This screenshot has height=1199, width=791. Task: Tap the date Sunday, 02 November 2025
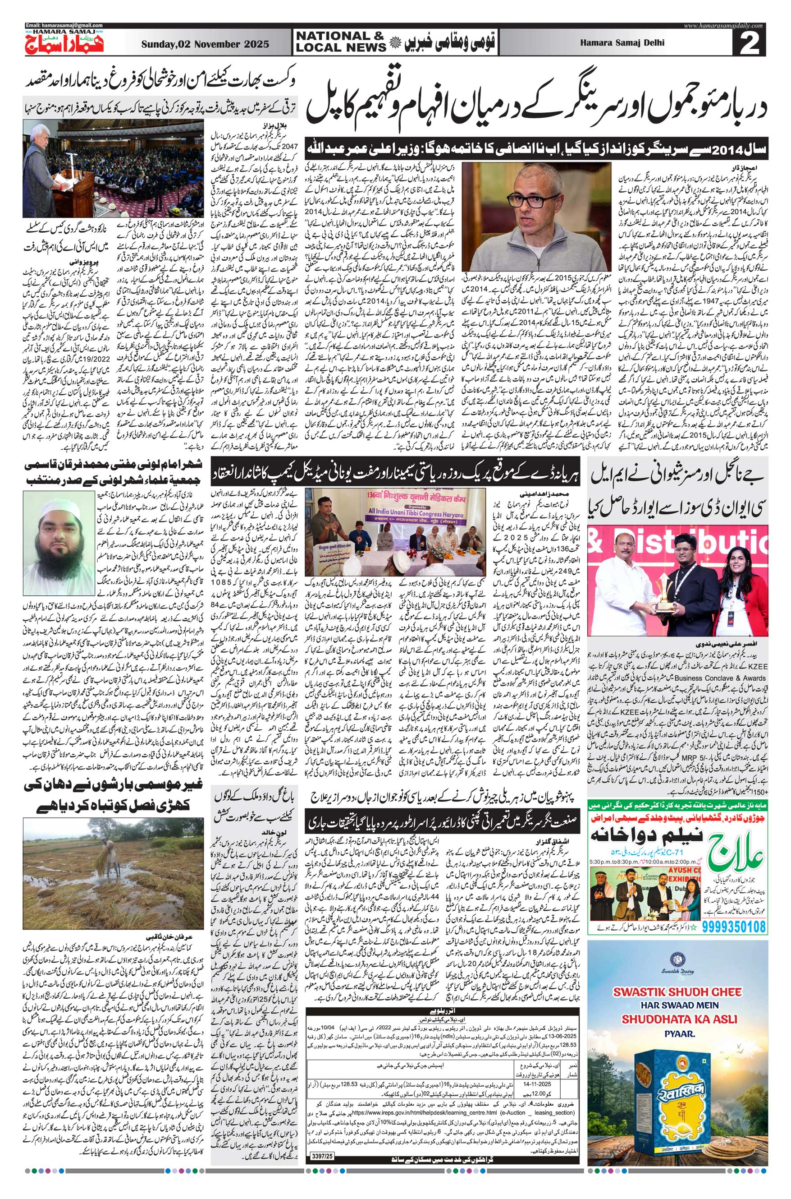click(206, 44)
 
